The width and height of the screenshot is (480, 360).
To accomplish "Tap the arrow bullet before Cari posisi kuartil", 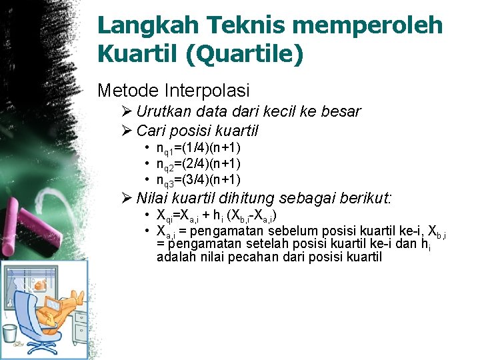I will [127, 131].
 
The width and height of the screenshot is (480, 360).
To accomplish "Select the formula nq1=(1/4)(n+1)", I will [198, 148].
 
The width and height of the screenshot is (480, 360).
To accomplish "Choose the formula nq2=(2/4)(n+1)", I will [198, 164].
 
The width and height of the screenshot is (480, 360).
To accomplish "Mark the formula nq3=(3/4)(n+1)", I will [198, 180].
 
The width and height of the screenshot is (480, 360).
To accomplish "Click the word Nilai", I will [153, 198].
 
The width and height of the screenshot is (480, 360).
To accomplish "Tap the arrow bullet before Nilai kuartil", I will [127, 198].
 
